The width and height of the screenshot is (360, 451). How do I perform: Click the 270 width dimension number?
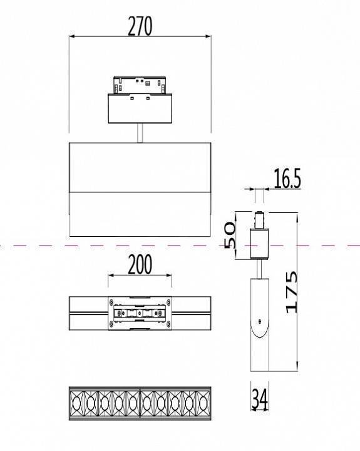[140, 26]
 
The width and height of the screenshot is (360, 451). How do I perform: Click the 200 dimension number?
[140, 265]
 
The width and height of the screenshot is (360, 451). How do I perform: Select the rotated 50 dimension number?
[229, 234]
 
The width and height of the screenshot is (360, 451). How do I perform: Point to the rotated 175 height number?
[292, 291]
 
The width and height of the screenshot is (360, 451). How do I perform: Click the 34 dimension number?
[259, 399]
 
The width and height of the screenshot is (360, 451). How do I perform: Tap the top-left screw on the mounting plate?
[112, 303]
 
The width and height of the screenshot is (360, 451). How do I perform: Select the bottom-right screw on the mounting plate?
[168, 324]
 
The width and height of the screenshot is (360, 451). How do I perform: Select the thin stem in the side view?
[259, 268]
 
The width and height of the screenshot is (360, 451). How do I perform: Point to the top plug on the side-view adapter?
[259, 220]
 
